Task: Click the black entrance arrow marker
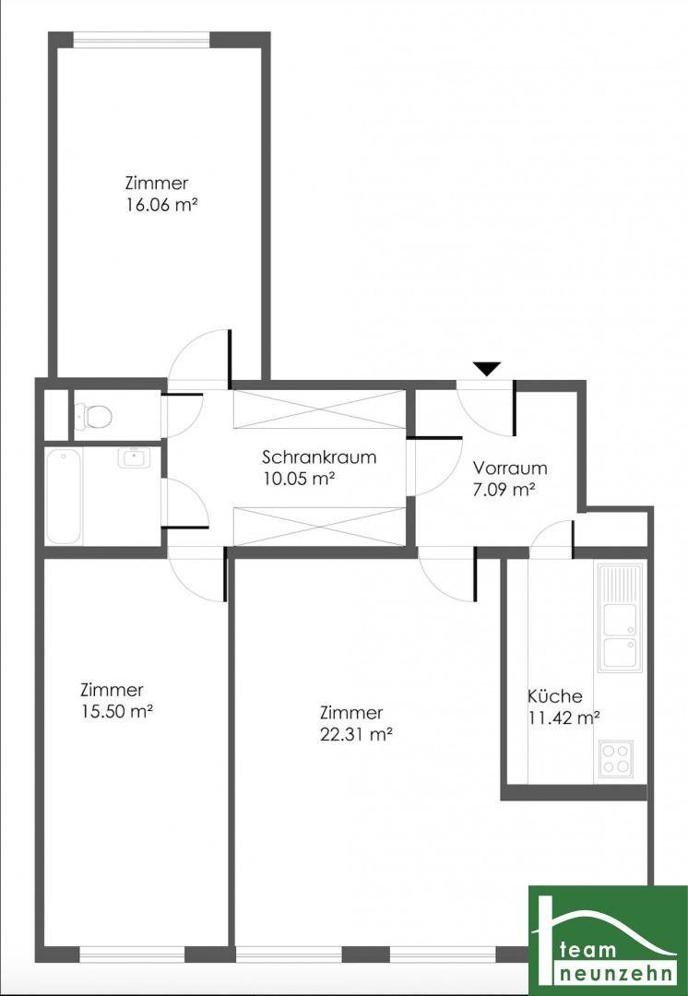(487, 368)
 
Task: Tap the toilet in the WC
(94, 416)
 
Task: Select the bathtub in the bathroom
(64, 496)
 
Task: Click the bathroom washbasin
(132, 458)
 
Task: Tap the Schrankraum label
(319, 456)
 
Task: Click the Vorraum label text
(509, 468)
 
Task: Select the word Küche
(554, 696)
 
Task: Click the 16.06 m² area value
(160, 205)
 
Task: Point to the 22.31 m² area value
(355, 734)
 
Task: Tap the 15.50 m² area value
(116, 711)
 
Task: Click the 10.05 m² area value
(299, 479)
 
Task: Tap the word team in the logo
(587, 950)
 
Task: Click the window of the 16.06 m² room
(142, 40)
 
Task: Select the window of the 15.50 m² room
(132, 954)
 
